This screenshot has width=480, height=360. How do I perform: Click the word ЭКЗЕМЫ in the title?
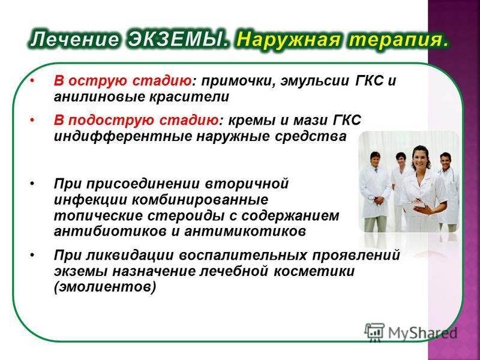[x=178, y=40]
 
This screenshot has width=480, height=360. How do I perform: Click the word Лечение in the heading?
[x=74, y=40]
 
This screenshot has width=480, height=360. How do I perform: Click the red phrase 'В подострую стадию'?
[x=137, y=121]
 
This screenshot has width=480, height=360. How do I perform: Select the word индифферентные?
[x=123, y=137]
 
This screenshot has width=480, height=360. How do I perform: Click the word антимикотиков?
[x=245, y=231]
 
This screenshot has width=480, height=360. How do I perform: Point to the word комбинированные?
[x=200, y=200]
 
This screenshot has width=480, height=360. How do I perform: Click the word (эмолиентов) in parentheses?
[x=105, y=287]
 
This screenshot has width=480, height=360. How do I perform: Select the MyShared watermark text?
[x=423, y=332]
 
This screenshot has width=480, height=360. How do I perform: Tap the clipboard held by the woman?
[x=414, y=208]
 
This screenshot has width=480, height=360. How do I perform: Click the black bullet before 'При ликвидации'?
[x=32, y=255]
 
